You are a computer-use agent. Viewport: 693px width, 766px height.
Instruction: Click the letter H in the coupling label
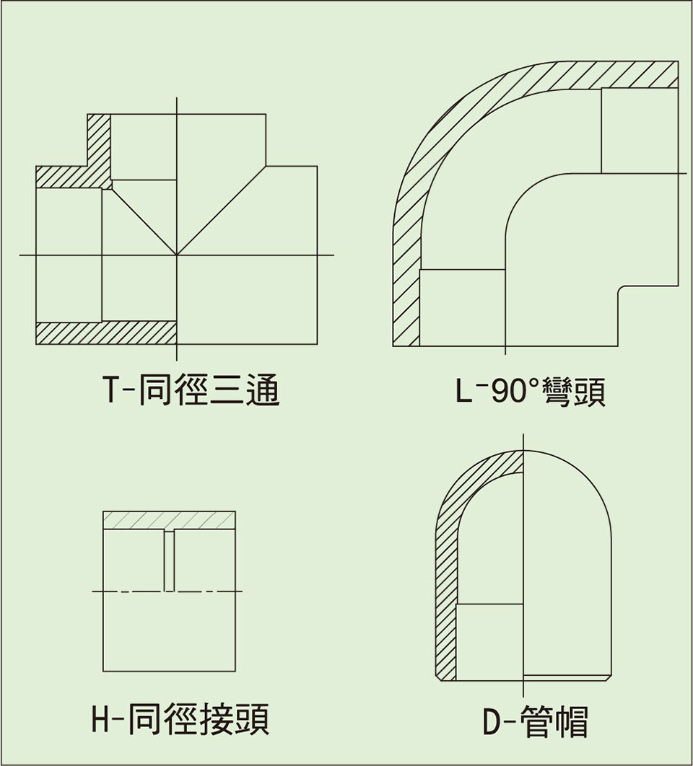pos(103,718)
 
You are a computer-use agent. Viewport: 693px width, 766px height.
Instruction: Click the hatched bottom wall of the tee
pos(105,333)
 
